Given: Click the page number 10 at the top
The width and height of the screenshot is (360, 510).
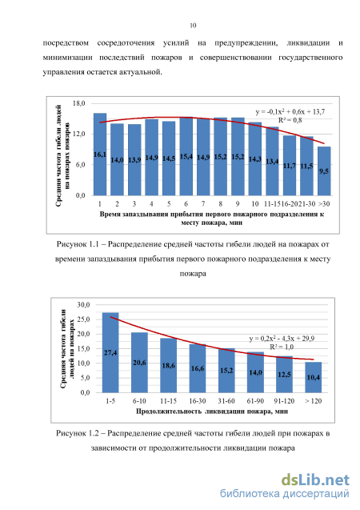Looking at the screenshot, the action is pyautogui.click(x=193, y=26).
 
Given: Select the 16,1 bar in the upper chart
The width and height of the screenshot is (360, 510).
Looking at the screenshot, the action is pyautogui.click(x=100, y=155).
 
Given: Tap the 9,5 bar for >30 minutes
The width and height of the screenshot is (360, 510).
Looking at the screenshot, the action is pyautogui.click(x=324, y=171).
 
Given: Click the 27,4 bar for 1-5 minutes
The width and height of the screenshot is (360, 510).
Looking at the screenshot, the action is pyautogui.click(x=110, y=352).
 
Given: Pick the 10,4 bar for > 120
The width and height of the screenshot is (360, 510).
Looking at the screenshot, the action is pyautogui.click(x=314, y=377).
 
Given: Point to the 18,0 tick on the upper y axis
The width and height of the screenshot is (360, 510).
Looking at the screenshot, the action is pyautogui.click(x=78, y=103).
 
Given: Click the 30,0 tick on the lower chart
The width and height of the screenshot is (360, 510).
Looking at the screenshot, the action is pyautogui.click(x=83, y=305).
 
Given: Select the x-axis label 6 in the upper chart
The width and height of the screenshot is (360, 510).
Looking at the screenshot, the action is pyautogui.click(x=186, y=204).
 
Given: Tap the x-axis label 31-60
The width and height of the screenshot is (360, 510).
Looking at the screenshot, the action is pyautogui.click(x=226, y=401).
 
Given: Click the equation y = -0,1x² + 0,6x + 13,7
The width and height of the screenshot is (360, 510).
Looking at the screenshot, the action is pyautogui.click(x=290, y=112).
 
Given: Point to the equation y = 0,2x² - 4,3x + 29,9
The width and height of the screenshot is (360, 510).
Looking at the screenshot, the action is pyautogui.click(x=282, y=339).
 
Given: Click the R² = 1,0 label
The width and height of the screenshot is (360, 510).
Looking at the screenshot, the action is pyautogui.click(x=282, y=347).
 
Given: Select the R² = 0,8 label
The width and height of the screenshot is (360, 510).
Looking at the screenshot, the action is pyautogui.click(x=290, y=120).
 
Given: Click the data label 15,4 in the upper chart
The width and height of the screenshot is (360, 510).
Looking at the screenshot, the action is pyautogui.click(x=186, y=157).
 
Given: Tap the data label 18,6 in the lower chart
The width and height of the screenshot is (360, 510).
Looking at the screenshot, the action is pyautogui.click(x=168, y=366).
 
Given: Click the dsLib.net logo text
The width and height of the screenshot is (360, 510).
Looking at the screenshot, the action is pyautogui.click(x=315, y=480).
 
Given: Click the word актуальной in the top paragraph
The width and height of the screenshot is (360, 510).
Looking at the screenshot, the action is pyautogui.click(x=140, y=72).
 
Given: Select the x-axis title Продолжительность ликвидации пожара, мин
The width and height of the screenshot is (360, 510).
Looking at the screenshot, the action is pyautogui.click(x=212, y=412).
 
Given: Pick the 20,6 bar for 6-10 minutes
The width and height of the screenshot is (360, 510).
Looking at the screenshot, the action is pyautogui.click(x=139, y=363).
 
